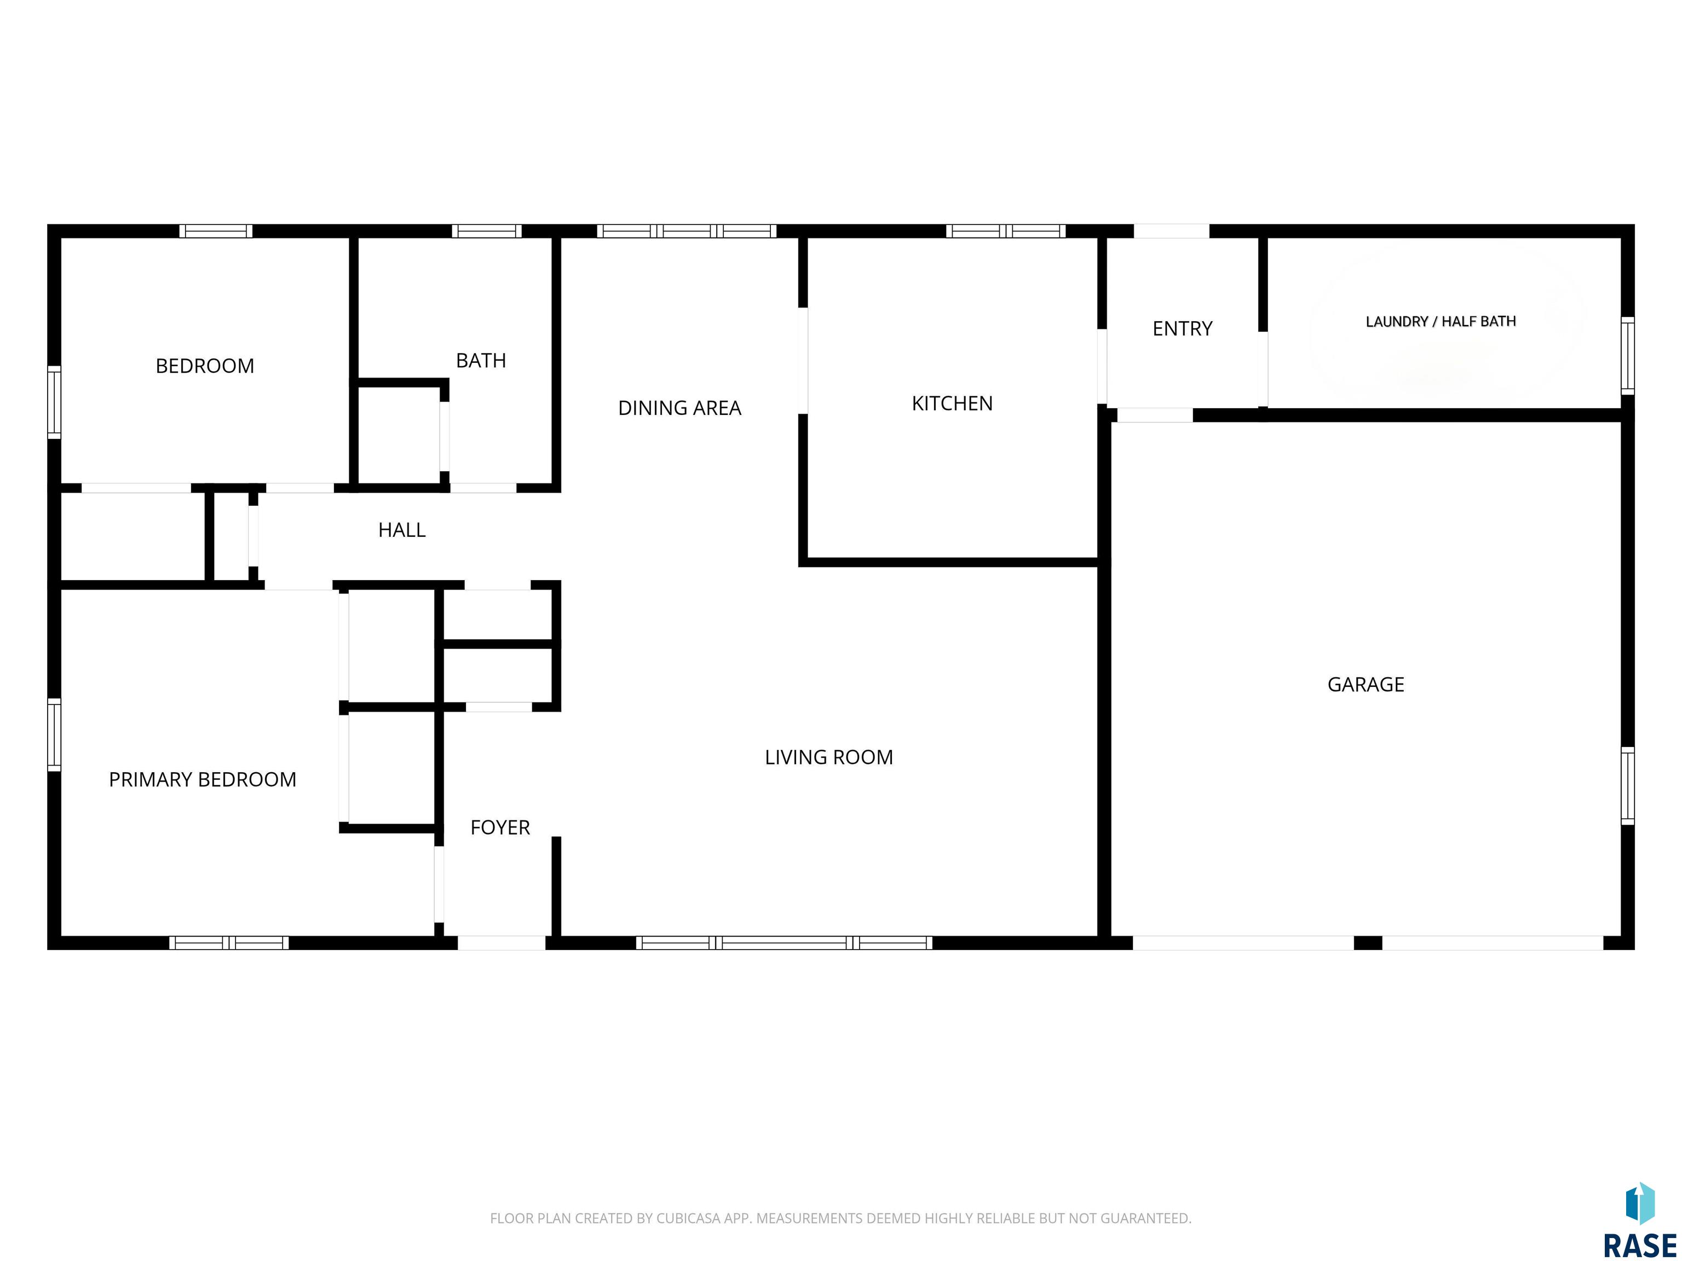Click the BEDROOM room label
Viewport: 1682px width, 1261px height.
[x=205, y=366]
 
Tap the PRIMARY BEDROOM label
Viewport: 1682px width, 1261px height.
[x=202, y=779]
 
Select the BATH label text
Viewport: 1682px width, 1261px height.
[x=481, y=360]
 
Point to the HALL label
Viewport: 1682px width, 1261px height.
[x=401, y=530]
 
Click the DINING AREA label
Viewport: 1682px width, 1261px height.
[x=679, y=408]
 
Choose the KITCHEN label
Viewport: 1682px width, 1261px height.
[x=952, y=403]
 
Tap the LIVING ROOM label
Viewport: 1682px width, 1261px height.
[x=829, y=757]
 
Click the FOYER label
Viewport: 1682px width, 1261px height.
[x=499, y=827]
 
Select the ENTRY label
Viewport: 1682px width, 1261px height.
[x=1183, y=328]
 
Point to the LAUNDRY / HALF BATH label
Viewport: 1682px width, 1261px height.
[x=1440, y=321]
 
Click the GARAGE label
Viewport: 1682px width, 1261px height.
[x=1366, y=684]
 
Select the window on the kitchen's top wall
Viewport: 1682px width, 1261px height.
[x=1005, y=231]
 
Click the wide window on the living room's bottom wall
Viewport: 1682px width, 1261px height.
[x=784, y=942]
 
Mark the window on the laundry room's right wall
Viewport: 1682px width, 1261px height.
[x=1627, y=355]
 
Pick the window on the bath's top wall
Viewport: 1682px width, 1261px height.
[x=487, y=231]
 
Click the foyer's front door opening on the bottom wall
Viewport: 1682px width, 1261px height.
[x=501, y=942]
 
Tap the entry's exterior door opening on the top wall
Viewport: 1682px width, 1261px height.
[x=1171, y=231]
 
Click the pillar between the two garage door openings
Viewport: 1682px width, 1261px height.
[x=1368, y=942]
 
